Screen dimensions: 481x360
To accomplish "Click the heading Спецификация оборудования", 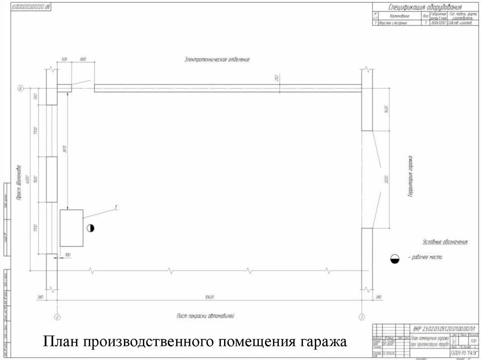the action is [x=425, y=7].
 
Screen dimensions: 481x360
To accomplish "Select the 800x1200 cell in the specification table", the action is [x=439, y=23].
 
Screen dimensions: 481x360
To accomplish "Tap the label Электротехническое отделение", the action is [x=217, y=60].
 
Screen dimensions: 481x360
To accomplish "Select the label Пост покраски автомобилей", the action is [x=205, y=316].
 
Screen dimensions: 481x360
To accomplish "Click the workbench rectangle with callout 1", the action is [x=71, y=228].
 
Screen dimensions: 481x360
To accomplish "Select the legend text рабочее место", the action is [x=426, y=257].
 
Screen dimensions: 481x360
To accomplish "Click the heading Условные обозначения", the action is [x=445, y=242].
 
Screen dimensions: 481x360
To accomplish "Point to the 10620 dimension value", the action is [x=209, y=297].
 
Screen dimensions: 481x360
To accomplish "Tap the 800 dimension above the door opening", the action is [x=83, y=60].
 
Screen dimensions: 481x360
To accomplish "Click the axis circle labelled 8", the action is [x=20, y=88].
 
